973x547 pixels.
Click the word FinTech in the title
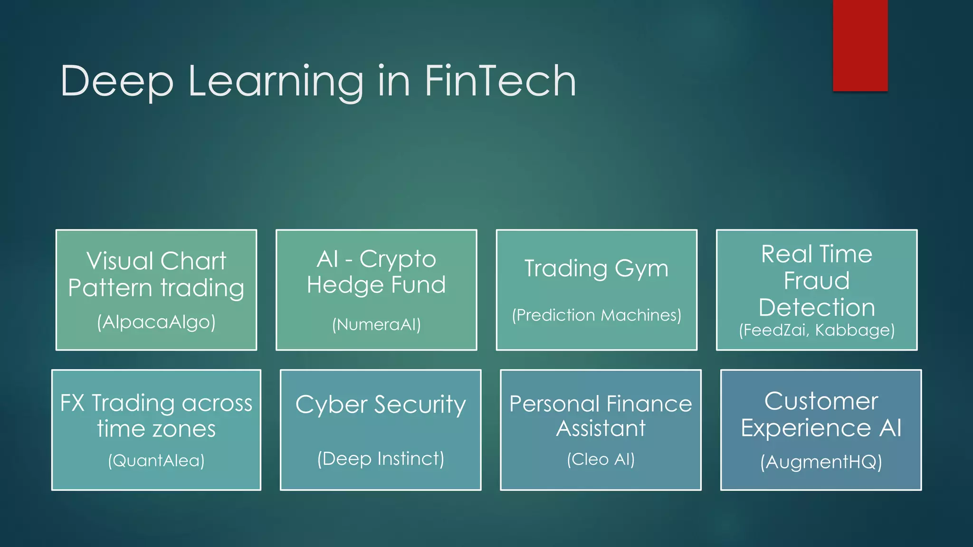(x=500, y=81)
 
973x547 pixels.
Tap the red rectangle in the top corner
(x=860, y=45)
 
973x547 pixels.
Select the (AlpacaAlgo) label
(x=156, y=322)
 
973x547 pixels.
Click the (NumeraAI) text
(x=376, y=324)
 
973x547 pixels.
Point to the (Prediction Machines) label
(x=596, y=315)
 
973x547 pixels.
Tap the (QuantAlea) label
(x=156, y=460)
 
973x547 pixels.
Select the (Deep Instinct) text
(x=381, y=459)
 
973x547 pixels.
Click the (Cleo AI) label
(x=601, y=459)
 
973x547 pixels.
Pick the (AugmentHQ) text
(x=821, y=462)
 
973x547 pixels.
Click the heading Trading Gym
(x=596, y=269)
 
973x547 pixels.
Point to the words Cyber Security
(x=381, y=405)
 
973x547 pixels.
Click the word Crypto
(x=398, y=260)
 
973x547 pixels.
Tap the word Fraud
(x=816, y=281)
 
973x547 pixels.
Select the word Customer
(x=821, y=401)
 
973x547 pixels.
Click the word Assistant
(x=601, y=428)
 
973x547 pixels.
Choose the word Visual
(x=121, y=261)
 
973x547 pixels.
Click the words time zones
(x=156, y=429)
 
